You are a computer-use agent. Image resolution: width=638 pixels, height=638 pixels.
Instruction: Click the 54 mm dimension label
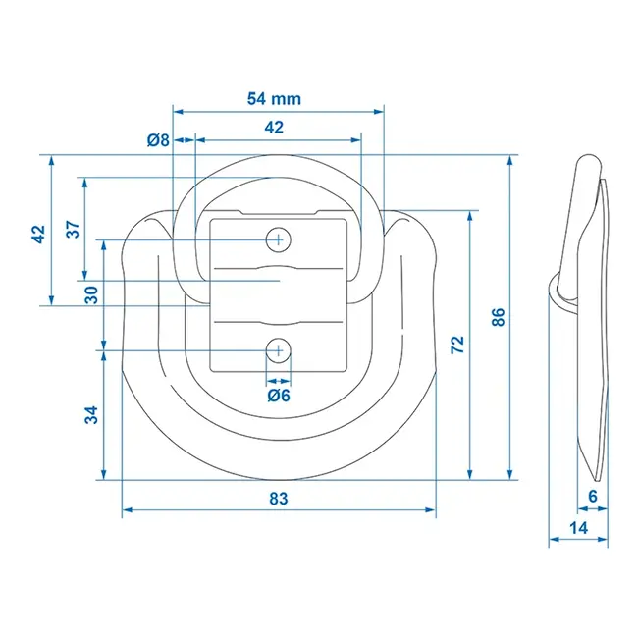[274, 98]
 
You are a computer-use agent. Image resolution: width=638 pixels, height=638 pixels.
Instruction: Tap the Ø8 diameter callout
[158, 140]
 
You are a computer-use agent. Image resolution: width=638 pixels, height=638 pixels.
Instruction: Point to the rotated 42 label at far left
[38, 235]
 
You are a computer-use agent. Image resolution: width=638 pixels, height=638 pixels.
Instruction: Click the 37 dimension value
[73, 229]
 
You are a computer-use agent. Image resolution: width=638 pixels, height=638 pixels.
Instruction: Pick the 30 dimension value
[90, 294]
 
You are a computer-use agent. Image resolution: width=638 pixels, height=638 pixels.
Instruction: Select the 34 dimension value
[91, 414]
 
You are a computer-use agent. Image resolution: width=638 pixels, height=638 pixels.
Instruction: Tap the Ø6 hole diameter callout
[278, 396]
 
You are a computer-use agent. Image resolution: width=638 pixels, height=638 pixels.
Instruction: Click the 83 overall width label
[278, 499]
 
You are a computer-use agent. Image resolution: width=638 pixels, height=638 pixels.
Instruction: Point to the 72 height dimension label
[458, 346]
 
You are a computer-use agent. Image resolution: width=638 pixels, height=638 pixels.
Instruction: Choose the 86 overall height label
[498, 317]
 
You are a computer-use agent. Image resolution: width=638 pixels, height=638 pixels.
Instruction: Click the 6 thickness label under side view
[592, 497]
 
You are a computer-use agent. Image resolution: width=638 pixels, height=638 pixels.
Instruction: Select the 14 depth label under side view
[578, 528]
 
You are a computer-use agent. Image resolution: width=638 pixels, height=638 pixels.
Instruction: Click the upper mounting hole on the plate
[279, 239]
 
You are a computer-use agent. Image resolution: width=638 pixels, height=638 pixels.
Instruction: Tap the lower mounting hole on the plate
[279, 349]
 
